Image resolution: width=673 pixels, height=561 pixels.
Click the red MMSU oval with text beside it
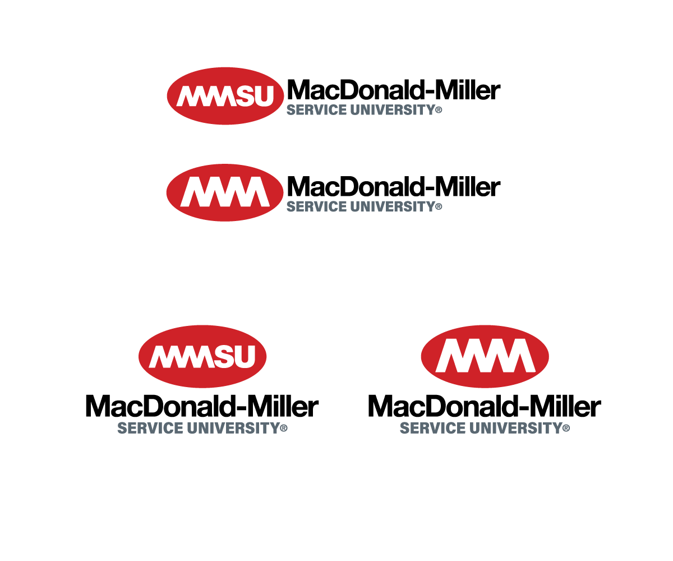(225, 96)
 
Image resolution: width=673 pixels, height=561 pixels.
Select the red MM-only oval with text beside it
(225, 192)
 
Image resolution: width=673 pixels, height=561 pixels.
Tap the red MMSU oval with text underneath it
(202, 356)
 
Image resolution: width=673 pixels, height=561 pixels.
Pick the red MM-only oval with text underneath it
(485, 356)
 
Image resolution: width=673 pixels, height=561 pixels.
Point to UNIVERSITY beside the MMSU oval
(392, 110)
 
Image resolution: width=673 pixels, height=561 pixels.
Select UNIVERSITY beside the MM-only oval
(392, 206)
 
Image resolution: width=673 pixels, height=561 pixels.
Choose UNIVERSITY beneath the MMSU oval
(233, 428)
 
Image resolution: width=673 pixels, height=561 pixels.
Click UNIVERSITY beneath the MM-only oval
(515, 428)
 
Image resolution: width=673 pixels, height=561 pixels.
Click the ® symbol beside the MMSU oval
(439, 111)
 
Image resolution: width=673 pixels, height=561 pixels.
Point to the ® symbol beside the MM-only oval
(439, 207)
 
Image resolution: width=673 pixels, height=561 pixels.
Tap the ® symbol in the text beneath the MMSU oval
(284, 429)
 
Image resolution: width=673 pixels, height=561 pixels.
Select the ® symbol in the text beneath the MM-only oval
(566, 429)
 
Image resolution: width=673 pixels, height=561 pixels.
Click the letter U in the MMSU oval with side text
(264, 96)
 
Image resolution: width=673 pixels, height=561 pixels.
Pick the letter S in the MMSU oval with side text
(245, 96)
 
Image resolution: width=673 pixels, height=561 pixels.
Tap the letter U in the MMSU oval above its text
(245, 357)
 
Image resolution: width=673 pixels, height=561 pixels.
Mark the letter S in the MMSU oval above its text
(224, 357)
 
